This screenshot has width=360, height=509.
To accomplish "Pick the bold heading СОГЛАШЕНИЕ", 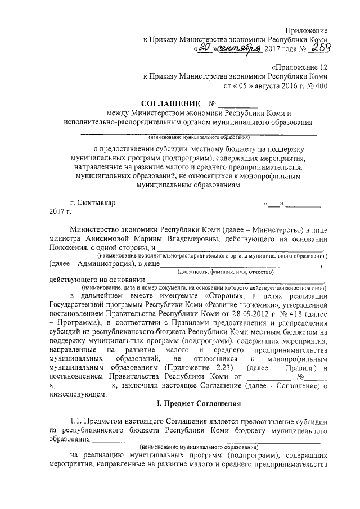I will (x=171, y=105).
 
